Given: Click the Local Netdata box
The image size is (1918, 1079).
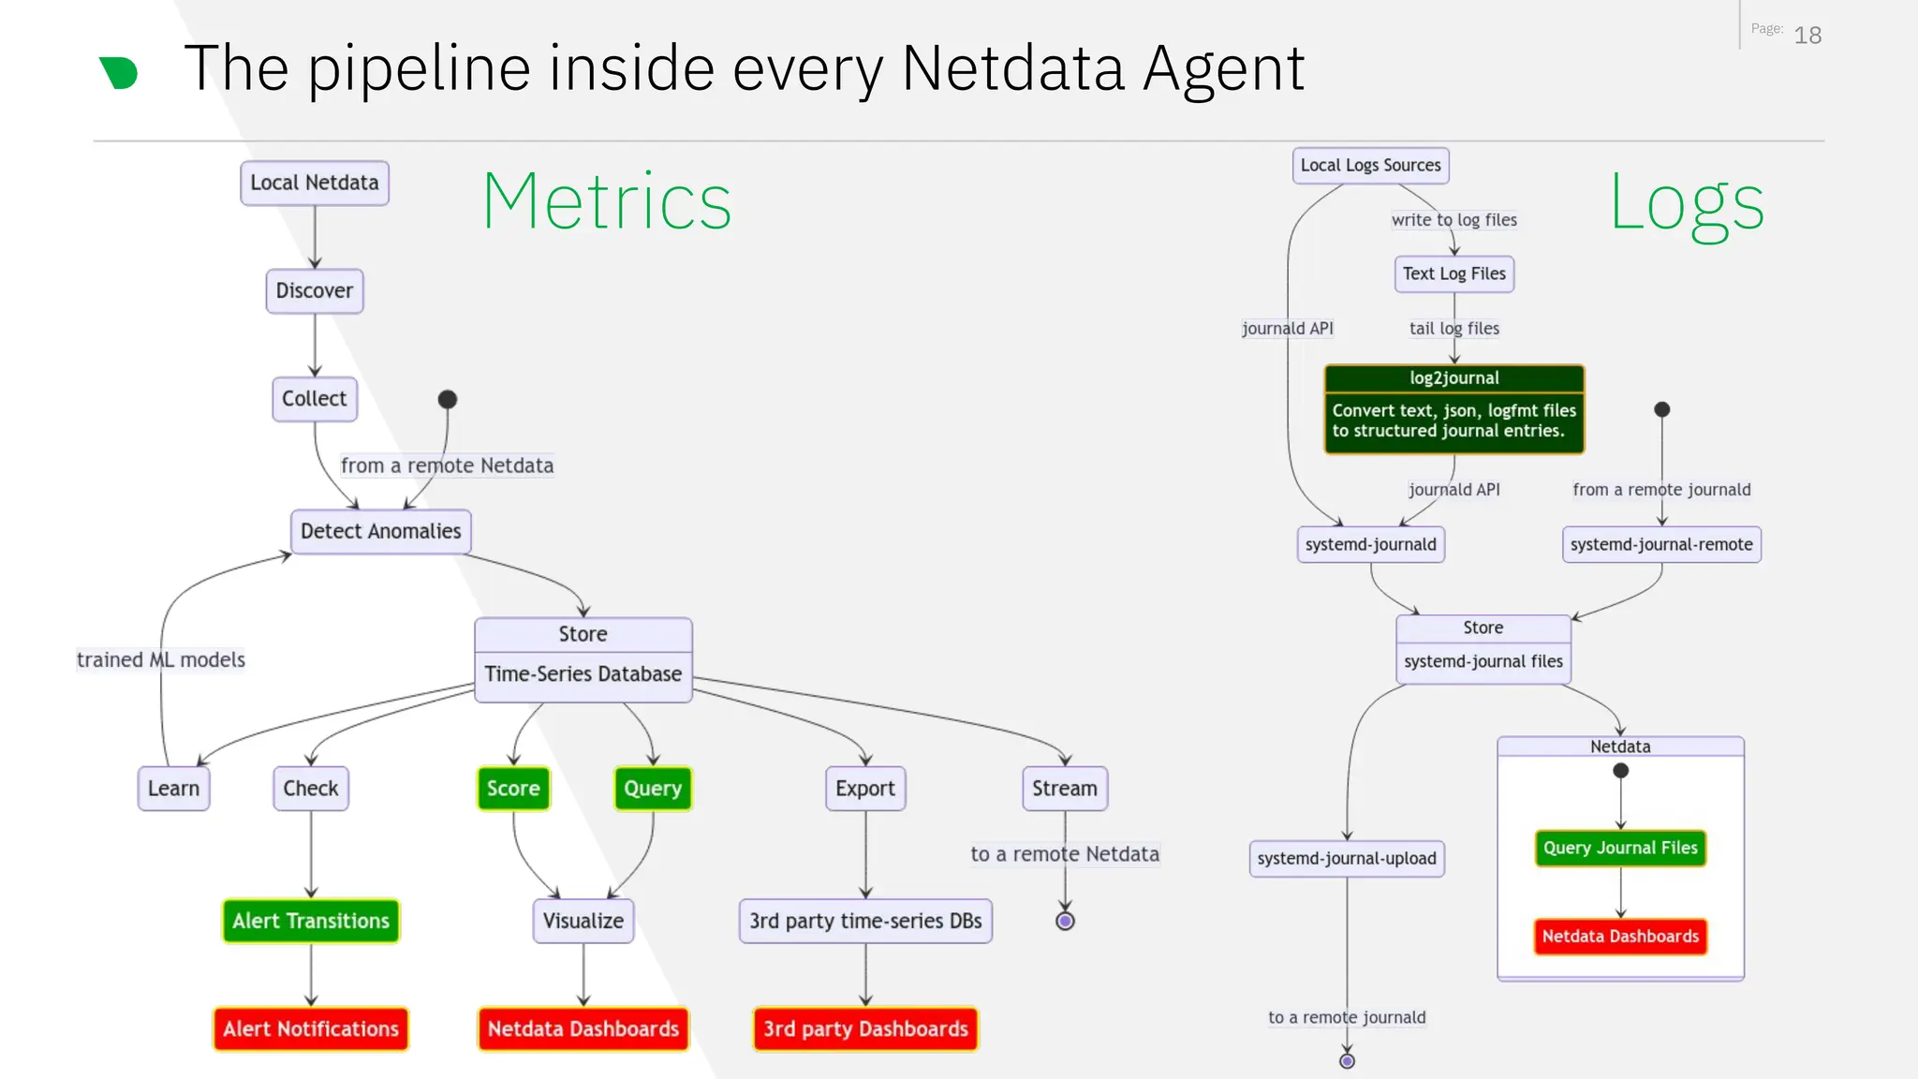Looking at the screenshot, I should point(315,183).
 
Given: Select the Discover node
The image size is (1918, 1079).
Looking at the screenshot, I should point(315,290).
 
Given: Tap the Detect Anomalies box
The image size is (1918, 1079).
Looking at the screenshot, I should point(380,531).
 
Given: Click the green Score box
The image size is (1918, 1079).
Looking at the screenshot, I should point(513,788).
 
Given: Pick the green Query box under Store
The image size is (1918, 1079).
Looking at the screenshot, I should point(653,788).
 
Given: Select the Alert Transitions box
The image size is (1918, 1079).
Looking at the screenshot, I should point(311,921).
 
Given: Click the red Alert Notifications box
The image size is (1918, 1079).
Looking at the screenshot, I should point(311,1028).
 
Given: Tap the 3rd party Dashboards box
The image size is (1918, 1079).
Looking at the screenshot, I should point(865,1028).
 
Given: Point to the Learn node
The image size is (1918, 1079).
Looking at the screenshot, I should point(173,788).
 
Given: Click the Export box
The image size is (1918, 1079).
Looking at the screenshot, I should point(865,788).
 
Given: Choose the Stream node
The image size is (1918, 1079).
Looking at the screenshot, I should point(1065,788).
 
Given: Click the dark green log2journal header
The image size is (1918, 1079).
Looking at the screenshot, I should point(1453,378).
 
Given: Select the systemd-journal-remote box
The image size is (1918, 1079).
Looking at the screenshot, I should point(1661,544).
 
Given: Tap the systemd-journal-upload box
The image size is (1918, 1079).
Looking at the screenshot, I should point(1347,858).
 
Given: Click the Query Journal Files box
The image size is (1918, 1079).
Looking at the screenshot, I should point(1620,848).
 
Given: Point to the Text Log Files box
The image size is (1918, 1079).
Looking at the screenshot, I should point(1453,273).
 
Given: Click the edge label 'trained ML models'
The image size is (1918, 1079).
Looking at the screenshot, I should point(161,659).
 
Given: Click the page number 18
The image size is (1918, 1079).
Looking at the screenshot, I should point(1807,36).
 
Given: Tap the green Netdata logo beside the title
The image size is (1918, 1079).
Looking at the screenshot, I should point(119,72).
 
